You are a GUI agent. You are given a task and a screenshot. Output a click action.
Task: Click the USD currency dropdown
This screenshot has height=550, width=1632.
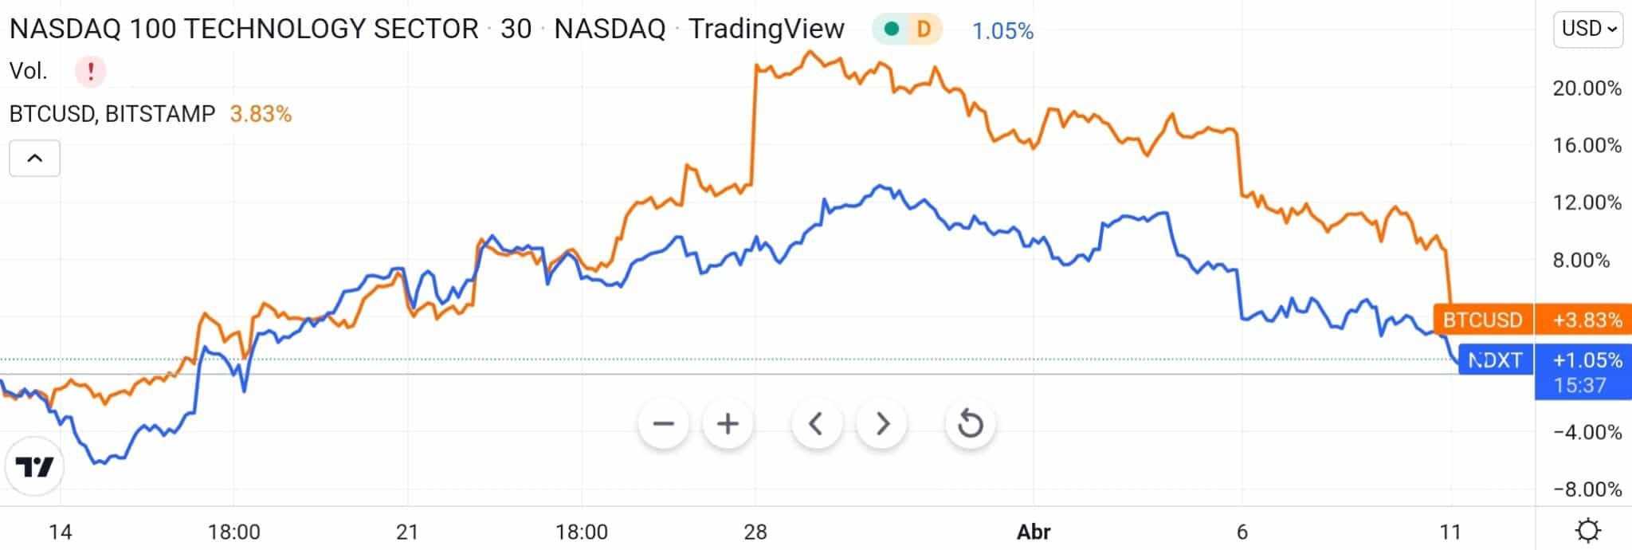[x=1587, y=29]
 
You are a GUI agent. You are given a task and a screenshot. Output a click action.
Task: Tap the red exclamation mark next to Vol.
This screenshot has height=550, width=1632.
[x=91, y=72]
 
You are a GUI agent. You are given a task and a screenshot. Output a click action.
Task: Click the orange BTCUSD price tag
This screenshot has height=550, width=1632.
[x=1482, y=320]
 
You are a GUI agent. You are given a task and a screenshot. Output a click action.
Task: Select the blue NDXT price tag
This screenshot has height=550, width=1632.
[x=1495, y=360]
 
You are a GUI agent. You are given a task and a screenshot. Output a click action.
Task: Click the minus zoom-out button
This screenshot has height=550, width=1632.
[x=663, y=423]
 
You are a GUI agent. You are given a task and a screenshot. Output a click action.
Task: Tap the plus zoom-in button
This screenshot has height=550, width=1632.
[x=728, y=423]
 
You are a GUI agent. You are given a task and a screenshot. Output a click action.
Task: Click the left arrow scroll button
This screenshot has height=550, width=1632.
[x=816, y=423]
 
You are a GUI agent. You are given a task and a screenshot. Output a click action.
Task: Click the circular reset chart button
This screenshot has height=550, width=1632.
[x=970, y=423]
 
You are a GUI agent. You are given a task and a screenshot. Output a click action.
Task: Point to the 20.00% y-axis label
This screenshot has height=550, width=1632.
[x=1587, y=88]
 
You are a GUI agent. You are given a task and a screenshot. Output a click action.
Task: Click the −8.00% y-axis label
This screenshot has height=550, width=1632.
[x=1587, y=489]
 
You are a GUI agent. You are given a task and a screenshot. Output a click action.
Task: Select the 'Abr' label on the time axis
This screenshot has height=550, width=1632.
[x=1034, y=532]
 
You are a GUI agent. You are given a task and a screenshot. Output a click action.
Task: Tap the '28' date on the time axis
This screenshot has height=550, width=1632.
[x=755, y=532]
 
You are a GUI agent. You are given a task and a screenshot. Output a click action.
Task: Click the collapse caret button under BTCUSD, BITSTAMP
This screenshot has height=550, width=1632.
[x=34, y=158]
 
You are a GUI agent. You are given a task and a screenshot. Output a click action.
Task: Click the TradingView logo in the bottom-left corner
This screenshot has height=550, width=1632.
[x=35, y=466]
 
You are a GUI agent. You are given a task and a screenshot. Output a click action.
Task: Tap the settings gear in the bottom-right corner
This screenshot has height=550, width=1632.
[x=1588, y=531]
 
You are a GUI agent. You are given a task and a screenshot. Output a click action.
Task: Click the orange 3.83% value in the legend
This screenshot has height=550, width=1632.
[x=261, y=114]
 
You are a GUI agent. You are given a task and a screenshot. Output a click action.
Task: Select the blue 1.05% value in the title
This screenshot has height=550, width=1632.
[x=1002, y=31]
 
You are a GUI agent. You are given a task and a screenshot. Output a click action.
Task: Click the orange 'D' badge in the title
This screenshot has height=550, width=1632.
[x=924, y=29]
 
